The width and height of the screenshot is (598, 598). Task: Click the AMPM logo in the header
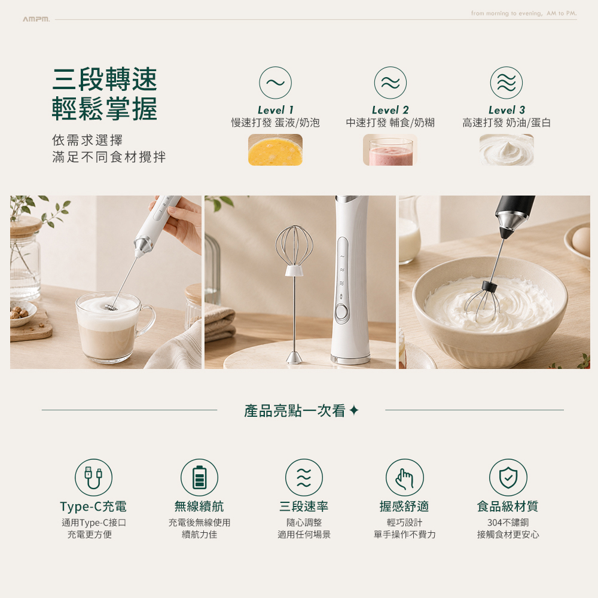coord(36,19)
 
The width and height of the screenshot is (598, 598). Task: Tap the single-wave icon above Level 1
coord(275,83)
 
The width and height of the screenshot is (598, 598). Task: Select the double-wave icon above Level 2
coord(390,83)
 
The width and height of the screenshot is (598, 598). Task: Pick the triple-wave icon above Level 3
coord(507,83)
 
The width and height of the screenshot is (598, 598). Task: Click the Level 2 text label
coord(390,110)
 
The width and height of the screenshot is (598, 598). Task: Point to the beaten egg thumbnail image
coord(275,150)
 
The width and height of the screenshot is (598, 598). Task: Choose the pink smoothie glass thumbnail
coord(390,150)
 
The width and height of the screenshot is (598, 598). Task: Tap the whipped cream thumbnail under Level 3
coord(507,150)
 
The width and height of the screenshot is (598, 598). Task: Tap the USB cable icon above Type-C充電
coord(93,477)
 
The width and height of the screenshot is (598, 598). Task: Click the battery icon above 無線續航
coord(199,477)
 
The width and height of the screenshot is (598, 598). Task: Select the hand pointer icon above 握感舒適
coord(405,477)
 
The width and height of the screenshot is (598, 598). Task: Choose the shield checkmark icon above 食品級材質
coord(508,477)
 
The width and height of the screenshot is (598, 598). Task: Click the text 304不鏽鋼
coord(508,523)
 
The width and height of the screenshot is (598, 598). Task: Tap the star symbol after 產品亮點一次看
coord(354,410)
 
